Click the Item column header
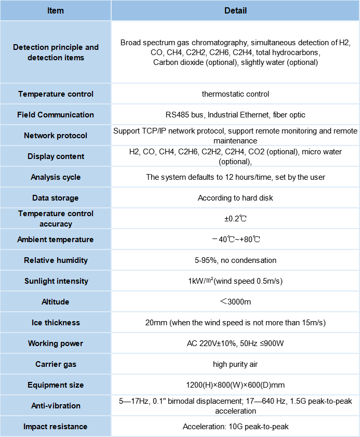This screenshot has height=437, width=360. click(56, 10)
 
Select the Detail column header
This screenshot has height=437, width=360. click(235, 10)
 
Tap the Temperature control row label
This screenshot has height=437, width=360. click(56, 94)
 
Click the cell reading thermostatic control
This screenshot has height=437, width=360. click(235, 94)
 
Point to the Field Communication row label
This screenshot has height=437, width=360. click(56, 115)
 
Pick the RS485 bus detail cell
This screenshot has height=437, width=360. click(235, 115)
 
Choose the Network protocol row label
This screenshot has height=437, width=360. click(56, 136)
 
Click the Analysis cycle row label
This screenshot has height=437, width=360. click(56, 177)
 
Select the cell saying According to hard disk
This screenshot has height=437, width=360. click(235, 198)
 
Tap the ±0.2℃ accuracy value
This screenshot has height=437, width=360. click(235, 219)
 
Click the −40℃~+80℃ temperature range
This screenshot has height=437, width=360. click(235, 240)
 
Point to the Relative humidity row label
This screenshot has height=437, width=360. click(56, 260)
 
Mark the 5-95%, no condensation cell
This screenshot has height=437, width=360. click(235, 260)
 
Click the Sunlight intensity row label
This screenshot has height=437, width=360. click(56, 281)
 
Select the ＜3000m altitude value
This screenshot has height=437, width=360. click(235, 302)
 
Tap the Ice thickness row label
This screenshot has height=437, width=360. click(56, 323)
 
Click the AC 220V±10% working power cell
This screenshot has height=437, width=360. click(235, 343)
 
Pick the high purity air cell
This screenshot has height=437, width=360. click(235, 364)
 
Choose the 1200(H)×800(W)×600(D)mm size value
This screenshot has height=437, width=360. click(235, 385)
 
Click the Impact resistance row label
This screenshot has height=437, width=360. click(56, 427)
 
